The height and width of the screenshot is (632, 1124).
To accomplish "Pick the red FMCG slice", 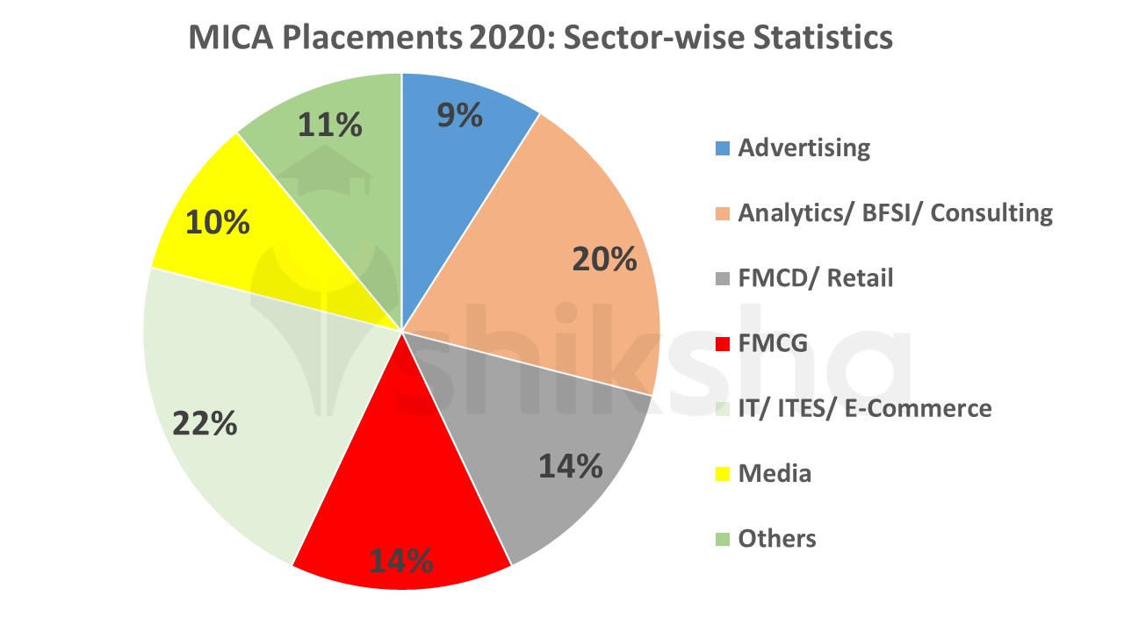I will tap(404, 492).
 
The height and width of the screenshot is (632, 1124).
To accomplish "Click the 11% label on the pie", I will tap(330, 125).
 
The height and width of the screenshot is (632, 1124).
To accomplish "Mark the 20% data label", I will tap(604, 259).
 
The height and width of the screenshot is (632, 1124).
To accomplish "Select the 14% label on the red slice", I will tap(400, 560).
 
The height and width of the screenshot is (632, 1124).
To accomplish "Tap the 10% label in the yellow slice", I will tap(218, 222).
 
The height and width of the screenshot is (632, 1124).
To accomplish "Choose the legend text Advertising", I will tap(803, 147).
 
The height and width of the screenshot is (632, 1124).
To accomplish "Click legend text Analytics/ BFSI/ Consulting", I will tap(894, 212).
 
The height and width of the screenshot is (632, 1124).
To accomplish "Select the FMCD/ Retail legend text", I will tap(815, 278).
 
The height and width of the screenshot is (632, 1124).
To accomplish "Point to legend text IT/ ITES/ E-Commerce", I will tap(864, 408).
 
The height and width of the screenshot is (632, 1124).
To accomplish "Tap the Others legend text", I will tap(777, 538).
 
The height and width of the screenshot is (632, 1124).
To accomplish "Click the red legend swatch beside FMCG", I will tap(722, 344).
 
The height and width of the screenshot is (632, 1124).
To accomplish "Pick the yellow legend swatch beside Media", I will tap(722, 474).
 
